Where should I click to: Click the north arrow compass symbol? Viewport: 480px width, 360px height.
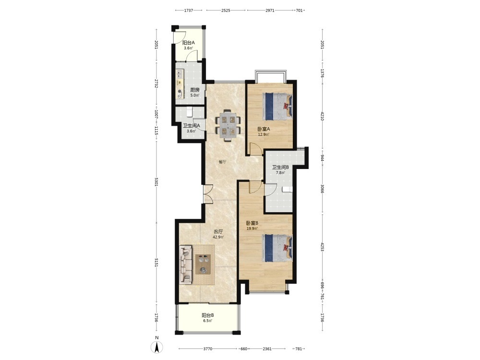pyautogui.click(x=157, y=347)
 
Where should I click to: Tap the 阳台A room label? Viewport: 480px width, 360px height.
pyautogui.click(x=189, y=43)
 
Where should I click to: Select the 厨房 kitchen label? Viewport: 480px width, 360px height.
pyautogui.click(x=195, y=90)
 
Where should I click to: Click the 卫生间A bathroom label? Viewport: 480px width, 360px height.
pyautogui.click(x=192, y=125)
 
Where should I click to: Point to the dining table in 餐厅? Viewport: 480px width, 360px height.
pyautogui.click(x=228, y=125)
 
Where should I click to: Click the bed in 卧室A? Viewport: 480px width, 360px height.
pyautogui.click(x=277, y=107)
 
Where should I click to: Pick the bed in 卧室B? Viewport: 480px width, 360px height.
pyautogui.click(x=277, y=248)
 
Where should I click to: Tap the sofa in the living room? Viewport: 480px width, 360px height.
pyautogui.click(x=185, y=264)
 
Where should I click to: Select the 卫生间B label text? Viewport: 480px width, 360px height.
pyautogui.click(x=281, y=167)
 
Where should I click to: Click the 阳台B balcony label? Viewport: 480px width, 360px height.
pyautogui.click(x=208, y=315)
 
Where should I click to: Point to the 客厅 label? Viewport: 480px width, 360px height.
pyautogui.click(x=218, y=231)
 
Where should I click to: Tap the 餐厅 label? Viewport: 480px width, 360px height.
pyautogui.click(x=223, y=162)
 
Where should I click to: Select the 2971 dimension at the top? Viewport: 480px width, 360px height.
pyautogui.click(x=270, y=11)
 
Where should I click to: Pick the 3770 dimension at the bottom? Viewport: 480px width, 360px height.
pyautogui.click(x=208, y=348)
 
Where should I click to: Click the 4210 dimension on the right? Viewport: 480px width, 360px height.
pyautogui.click(x=322, y=116)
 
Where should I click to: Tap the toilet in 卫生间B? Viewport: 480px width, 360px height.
pyautogui.click(x=287, y=189)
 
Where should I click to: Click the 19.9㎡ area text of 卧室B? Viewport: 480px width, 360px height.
pyautogui.click(x=252, y=228)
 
